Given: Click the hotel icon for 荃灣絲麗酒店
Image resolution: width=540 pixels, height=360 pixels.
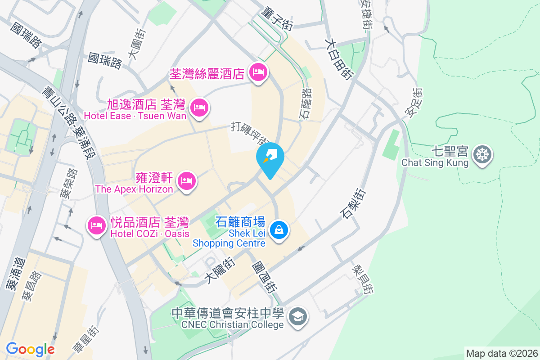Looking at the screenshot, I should pyautogui.click(x=258, y=72).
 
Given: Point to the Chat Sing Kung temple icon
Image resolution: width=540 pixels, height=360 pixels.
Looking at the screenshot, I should pyautogui.click(x=483, y=155).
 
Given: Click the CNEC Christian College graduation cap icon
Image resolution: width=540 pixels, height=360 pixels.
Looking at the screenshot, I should pyautogui.click(x=297, y=317).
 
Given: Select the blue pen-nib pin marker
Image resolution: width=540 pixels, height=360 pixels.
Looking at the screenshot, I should pyautogui.click(x=270, y=158).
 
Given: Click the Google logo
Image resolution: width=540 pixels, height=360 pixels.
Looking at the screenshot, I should pyautogui.click(x=30, y=349).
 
